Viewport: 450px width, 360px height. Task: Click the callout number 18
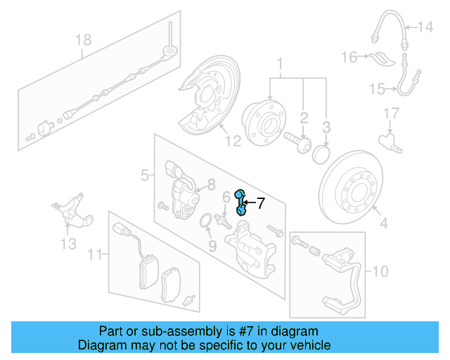point(84,40)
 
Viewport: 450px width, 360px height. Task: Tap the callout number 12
point(233,141)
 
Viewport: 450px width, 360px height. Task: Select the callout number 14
point(426,27)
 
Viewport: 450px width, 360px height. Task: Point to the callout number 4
point(384,224)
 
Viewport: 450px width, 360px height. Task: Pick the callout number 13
point(67,244)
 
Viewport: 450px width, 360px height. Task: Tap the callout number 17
point(391,112)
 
